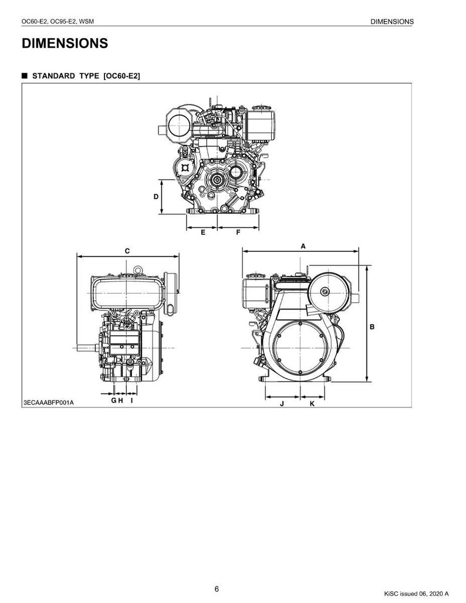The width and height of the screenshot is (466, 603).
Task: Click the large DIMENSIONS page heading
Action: [x=65, y=43]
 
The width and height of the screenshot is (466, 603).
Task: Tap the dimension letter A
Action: [x=303, y=246]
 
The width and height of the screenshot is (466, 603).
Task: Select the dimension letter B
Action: [x=372, y=327]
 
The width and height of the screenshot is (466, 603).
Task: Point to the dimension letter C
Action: [x=127, y=251]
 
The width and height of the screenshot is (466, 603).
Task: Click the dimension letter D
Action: [x=156, y=197]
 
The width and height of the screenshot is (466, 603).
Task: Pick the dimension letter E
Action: [x=203, y=233]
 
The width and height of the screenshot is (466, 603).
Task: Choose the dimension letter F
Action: [x=238, y=233]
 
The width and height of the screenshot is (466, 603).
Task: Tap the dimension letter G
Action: [x=114, y=400]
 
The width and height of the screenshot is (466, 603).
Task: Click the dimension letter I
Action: [x=132, y=400]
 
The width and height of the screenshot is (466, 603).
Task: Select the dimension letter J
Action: [x=282, y=404]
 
